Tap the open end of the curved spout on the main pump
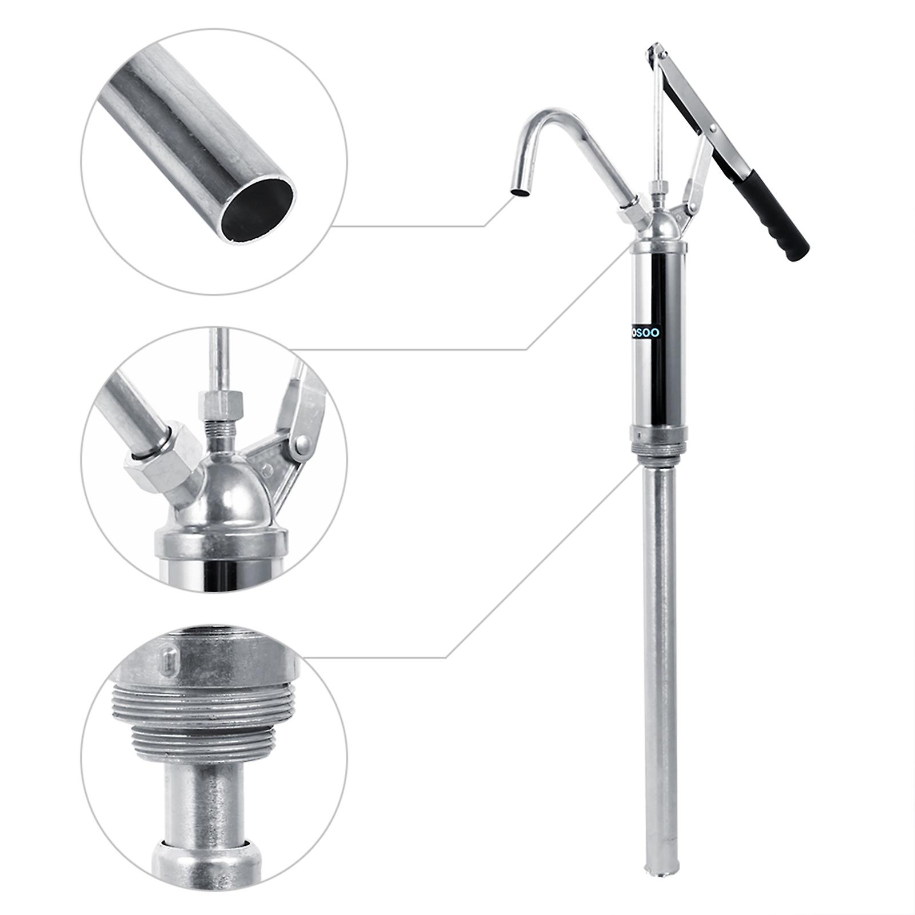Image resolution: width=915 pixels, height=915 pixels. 520,194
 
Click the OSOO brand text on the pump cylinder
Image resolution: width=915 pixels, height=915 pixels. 646,333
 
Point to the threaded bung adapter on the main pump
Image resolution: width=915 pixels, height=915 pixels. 654,448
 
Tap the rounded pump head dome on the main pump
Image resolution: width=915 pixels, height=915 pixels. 661,226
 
